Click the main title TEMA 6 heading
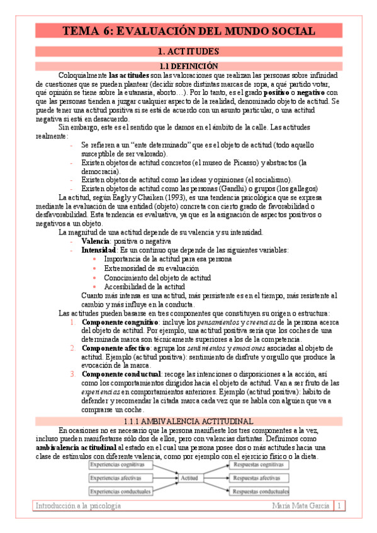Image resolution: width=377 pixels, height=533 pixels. pos(188,31)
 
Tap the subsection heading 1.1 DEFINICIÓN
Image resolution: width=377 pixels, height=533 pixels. pos(188,65)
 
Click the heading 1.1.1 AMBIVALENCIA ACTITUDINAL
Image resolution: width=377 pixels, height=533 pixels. pos(188,420)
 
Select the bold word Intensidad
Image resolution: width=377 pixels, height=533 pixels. pos(98,250)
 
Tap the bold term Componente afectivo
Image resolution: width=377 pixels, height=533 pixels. pos(117,348)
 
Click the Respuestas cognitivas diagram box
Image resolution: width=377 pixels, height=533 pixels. pos(258,465)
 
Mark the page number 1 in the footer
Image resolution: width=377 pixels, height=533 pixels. pos(339,505)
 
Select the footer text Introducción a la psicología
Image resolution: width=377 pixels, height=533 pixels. pos(78,505)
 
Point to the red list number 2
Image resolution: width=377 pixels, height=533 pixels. pos(74,348)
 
